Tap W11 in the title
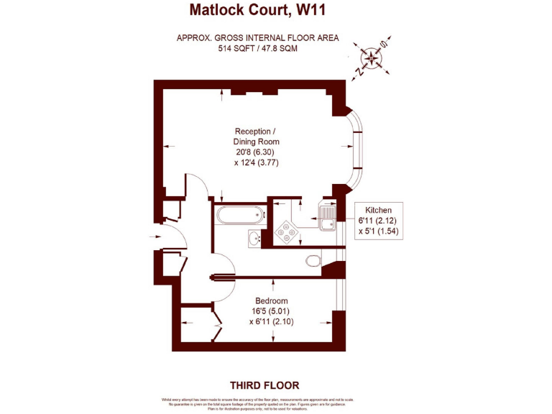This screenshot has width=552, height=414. coord(316,10)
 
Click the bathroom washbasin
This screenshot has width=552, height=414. coord(253,238)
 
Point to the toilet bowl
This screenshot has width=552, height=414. coord(312,259)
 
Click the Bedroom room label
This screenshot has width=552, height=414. coord(272,300)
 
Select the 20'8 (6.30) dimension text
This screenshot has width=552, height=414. coord(257,152)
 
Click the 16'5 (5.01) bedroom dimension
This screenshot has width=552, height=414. coord(272,311)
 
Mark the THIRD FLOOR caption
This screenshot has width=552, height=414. coord(264,385)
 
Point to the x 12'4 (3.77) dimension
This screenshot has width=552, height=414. coord(257,162)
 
